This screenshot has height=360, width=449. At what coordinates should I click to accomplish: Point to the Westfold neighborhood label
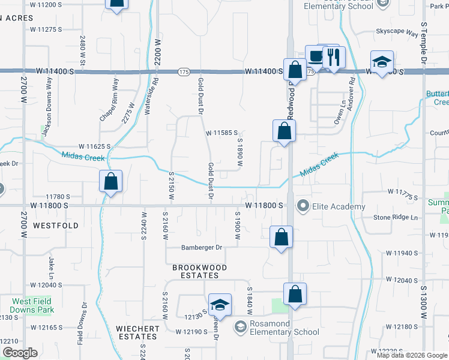pyautogui.click(x=56, y=226)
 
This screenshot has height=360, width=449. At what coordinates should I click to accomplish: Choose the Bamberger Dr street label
pyautogui.click(x=202, y=247)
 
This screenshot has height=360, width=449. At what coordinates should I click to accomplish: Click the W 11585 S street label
pyautogui.click(x=223, y=133)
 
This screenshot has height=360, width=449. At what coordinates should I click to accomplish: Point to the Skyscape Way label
pyautogui.click(x=397, y=32)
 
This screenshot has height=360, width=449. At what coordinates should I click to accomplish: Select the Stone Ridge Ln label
pyautogui.click(x=396, y=217)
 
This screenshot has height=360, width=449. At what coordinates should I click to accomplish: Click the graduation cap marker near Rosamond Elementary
pyautogui.click(x=220, y=305)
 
